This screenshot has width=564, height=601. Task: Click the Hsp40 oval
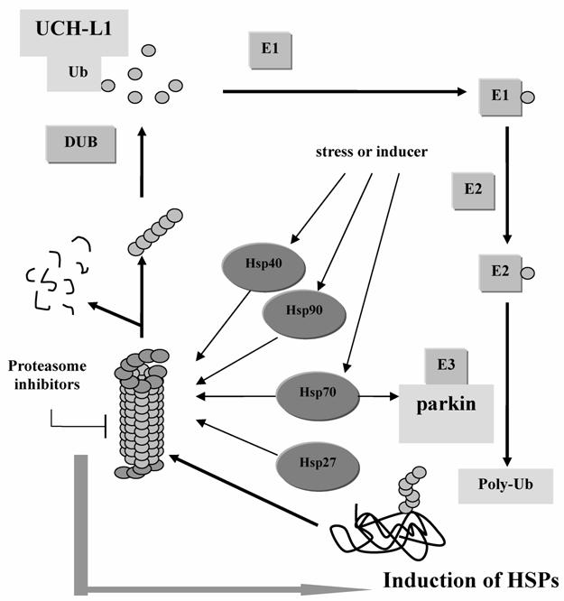(x=255, y=269)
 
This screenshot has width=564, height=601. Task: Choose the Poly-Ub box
(x=504, y=484)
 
